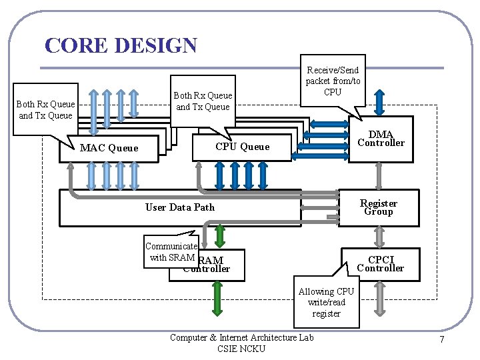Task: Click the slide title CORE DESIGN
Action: coord(121,45)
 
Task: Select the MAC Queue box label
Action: coord(109,148)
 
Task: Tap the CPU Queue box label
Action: coord(242,147)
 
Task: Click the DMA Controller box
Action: coord(380,139)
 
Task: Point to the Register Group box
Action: coord(378,207)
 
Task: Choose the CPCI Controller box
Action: coord(380,264)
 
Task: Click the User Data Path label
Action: coord(180,207)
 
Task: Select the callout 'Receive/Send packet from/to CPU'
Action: coord(333,80)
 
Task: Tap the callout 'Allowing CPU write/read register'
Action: coord(326,302)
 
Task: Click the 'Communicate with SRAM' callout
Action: coord(172,251)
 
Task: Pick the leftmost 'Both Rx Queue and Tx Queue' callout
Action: coord(45,109)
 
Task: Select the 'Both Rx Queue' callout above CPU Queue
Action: coord(203,101)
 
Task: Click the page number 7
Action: coord(441,341)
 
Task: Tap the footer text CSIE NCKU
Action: coord(241,349)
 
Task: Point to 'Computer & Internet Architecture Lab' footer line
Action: coord(241,337)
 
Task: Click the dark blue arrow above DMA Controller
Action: coord(379,101)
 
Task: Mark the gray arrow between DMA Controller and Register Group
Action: coord(379,175)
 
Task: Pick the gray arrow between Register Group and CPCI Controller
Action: coord(379,237)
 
